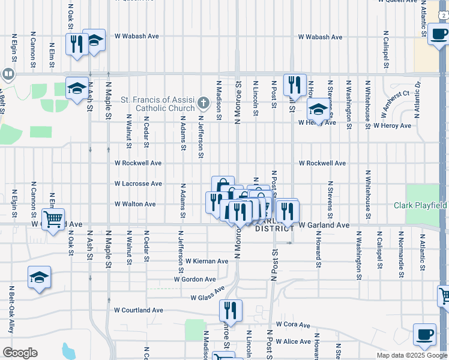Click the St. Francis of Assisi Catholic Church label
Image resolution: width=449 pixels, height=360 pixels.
click(158, 104)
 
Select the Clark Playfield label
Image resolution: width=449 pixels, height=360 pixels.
click(420, 205)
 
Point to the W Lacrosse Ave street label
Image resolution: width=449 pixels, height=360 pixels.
click(139, 184)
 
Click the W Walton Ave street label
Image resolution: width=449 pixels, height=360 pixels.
click(135, 204)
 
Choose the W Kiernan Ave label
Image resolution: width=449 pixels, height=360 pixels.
click(206, 261)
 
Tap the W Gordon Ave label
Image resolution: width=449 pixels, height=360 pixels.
click(194, 279)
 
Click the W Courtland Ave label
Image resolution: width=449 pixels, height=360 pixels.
click(139, 310)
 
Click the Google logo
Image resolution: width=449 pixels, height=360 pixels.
click(20, 353)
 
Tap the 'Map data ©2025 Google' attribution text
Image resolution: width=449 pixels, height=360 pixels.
click(411, 355)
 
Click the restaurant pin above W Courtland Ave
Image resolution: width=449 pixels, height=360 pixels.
click(231, 311)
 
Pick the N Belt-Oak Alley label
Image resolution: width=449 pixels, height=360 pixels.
click(11, 310)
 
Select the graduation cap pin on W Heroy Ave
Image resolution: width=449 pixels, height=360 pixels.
click(319, 110)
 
